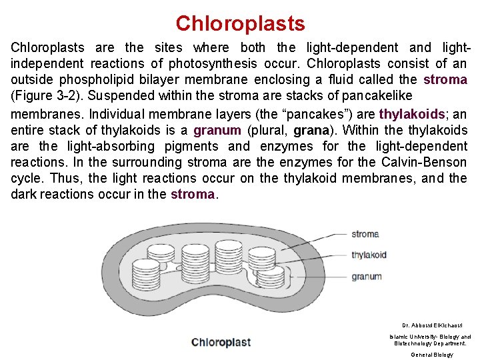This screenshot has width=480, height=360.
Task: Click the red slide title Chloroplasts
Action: point(240,24)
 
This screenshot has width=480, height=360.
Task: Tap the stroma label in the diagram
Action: point(365,234)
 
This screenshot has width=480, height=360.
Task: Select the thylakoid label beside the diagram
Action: point(369,255)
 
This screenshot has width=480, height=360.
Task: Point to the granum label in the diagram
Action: point(367,277)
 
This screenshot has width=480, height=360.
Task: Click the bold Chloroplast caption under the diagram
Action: point(221,343)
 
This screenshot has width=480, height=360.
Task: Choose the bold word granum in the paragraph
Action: point(217,130)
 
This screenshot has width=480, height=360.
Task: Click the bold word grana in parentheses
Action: point(310,130)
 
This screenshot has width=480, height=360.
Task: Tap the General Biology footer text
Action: point(431,355)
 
